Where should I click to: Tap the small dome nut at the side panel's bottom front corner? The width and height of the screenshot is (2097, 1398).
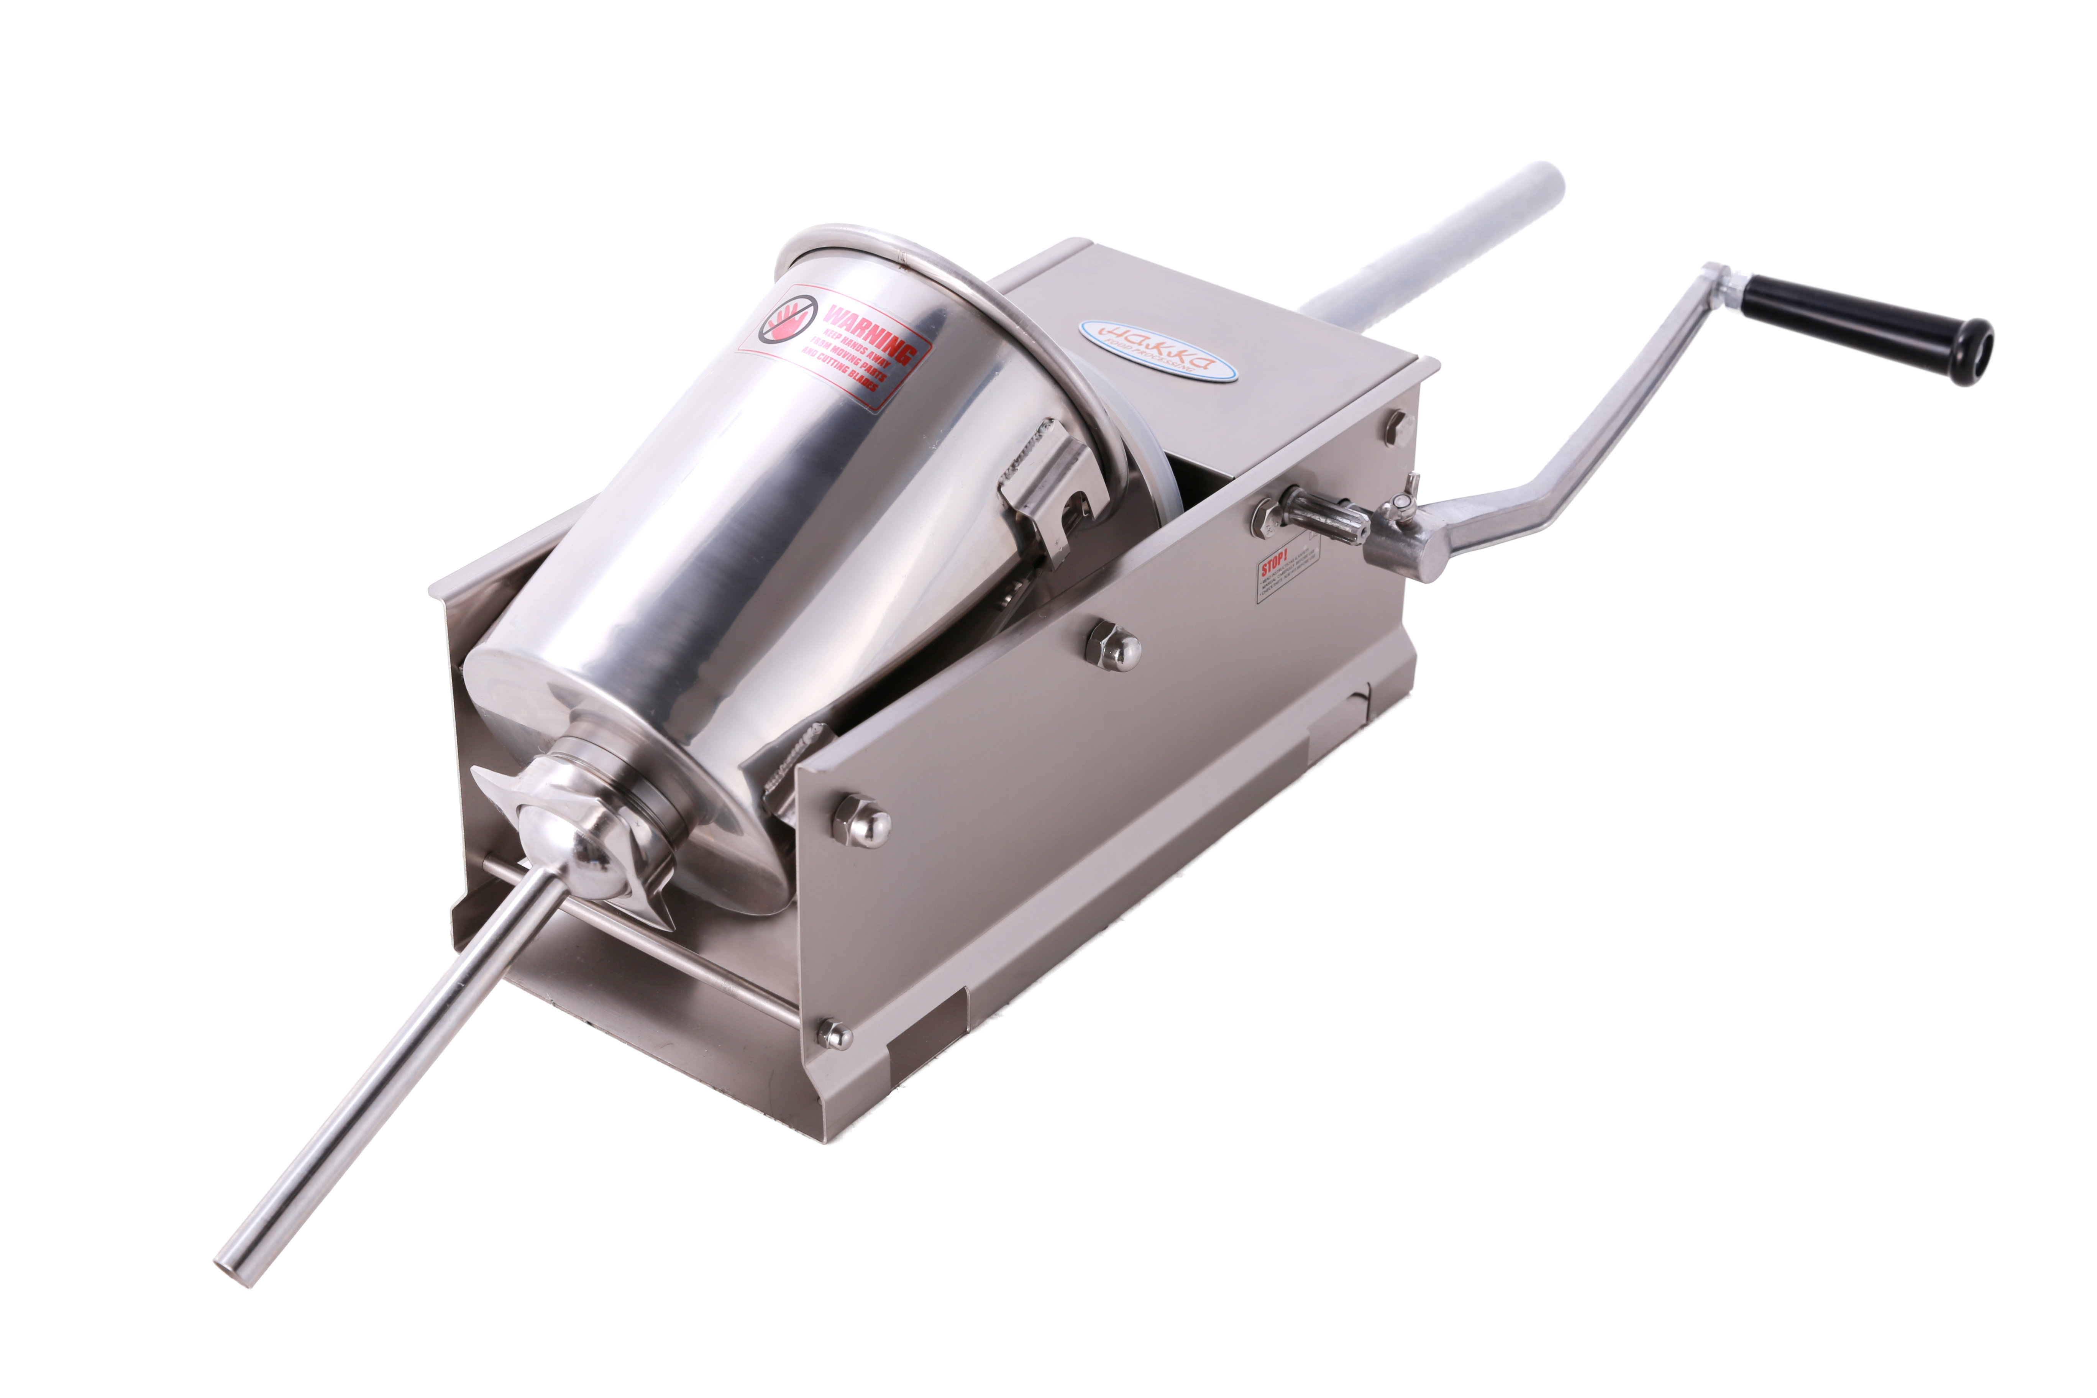click(835, 1034)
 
